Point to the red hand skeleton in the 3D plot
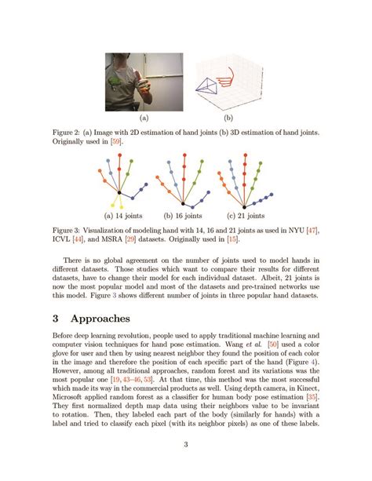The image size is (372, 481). tap(228, 76)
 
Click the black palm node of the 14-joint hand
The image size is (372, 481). tap(119, 193)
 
